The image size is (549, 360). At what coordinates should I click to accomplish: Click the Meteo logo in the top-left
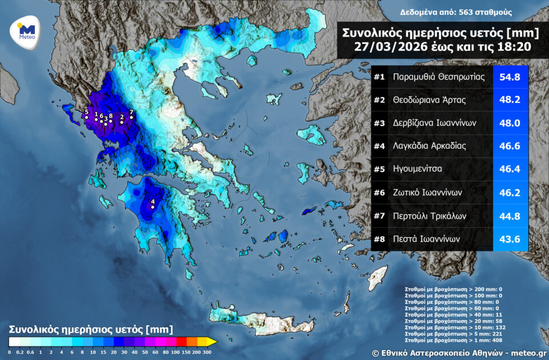23,31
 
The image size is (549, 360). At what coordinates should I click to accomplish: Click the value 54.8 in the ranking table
510,77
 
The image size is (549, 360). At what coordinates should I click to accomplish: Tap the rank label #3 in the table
380,123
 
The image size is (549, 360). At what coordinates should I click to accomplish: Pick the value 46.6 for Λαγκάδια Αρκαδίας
510,146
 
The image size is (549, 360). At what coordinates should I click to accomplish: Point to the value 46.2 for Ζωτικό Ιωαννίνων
510,193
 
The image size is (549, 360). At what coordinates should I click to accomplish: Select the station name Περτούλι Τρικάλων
430,216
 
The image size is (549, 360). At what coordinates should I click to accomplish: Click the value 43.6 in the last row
510,239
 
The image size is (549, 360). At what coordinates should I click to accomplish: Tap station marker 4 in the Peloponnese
153,207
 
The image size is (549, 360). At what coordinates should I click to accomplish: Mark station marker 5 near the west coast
86,117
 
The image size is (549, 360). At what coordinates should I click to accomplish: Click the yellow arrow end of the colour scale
212,341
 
